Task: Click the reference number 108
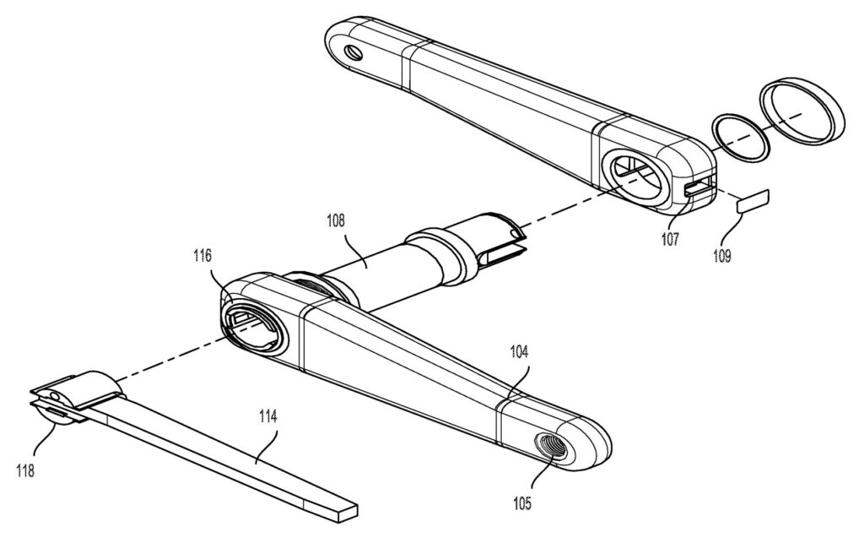336,221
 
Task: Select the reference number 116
202,256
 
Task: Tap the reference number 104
519,351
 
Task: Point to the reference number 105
521,502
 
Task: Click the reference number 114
267,416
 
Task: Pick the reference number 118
25,470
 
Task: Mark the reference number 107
670,239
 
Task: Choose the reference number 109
722,256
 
